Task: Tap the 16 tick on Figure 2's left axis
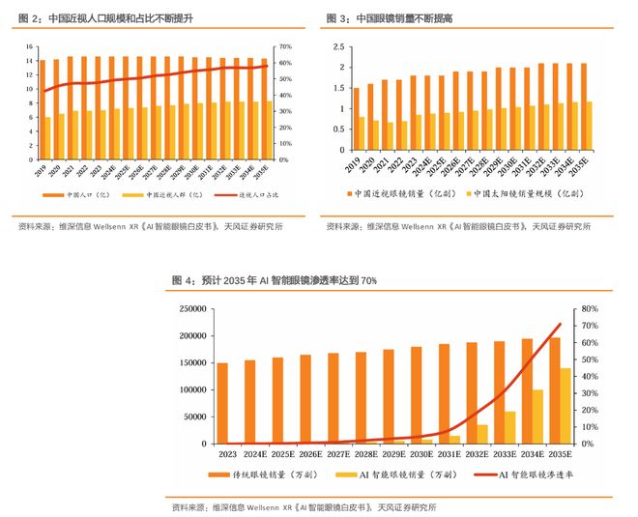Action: [30, 46]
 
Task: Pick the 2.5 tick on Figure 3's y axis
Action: [339, 46]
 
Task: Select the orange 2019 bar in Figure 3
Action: [356, 119]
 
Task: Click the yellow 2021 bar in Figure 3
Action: [391, 135]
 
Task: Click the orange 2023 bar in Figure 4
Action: [221, 403]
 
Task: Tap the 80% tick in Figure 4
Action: [591, 309]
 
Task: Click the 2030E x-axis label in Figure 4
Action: [420, 452]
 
